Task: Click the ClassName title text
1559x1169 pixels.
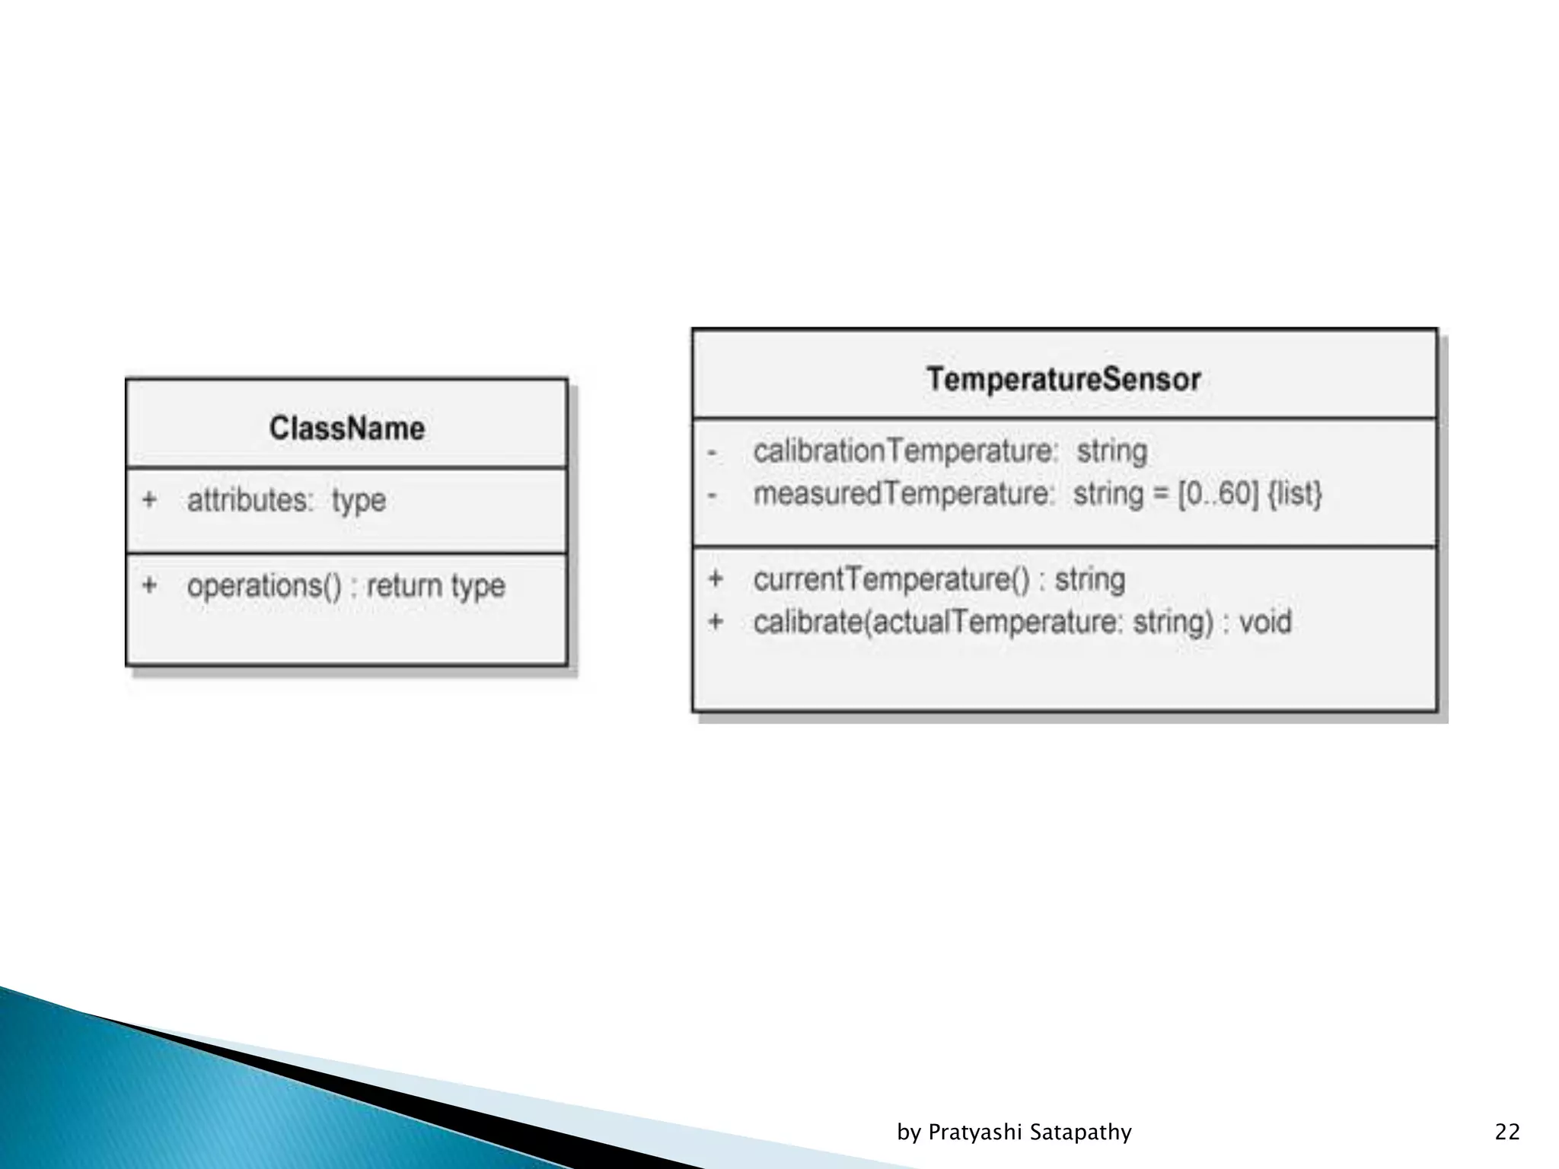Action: click(346, 428)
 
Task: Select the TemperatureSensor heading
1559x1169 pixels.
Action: click(1063, 379)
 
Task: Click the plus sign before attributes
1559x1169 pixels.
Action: click(149, 500)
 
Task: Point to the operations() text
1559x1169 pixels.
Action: click(264, 586)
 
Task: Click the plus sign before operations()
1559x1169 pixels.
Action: click(149, 585)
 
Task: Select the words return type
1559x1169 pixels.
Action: click(435, 586)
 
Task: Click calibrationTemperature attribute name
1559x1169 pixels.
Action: click(904, 451)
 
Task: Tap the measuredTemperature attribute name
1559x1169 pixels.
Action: click(902, 494)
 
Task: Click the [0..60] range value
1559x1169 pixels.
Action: click(1218, 494)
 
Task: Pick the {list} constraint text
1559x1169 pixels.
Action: click(1294, 494)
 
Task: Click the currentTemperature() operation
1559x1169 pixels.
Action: click(892, 579)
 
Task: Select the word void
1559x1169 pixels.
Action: click(1265, 623)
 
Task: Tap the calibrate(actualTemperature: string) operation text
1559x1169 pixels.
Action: click(983, 623)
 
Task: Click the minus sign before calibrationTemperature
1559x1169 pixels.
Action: click(713, 453)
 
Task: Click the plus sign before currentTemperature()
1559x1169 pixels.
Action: click(716, 579)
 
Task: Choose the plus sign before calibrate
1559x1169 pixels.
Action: click(716, 622)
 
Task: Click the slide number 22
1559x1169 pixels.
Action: click(1507, 1132)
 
